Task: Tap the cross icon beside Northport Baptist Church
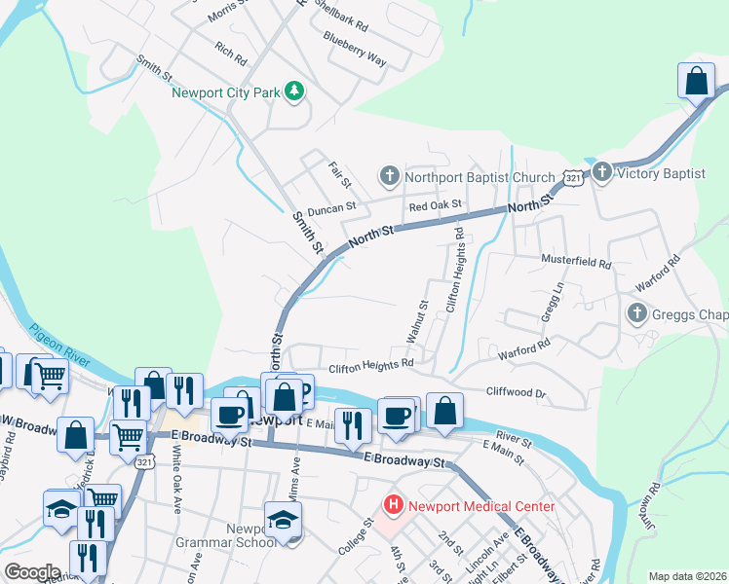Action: pos(389,176)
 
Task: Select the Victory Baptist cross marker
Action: pos(601,173)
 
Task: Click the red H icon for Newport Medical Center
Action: pos(393,505)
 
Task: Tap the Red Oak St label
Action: pos(435,206)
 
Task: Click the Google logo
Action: pos(33,572)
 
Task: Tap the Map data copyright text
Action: pos(687,576)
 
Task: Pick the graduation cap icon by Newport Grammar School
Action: pos(283,521)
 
